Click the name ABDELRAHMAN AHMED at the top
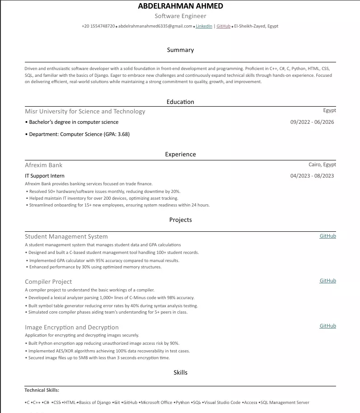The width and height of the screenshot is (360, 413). pyautogui.click(x=180, y=6)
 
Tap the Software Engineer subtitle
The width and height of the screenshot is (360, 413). pyautogui.click(x=180, y=16)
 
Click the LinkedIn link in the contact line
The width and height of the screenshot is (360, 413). pyautogui.click(x=204, y=26)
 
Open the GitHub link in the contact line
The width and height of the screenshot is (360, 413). pyautogui.click(x=224, y=26)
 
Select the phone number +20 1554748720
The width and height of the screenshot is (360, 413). pyautogui.click(x=98, y=26)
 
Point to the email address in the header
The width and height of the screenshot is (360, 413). pyautogui.click(x=155, y=26)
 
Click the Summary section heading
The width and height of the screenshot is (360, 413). pyautogui.click(x=180, y=50)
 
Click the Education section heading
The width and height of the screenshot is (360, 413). pyautogui.click(x=180, y=102)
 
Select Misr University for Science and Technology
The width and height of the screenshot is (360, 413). pyautogui.click(x=85, y=112)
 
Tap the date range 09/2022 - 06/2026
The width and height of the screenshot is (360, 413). pyautogui.click(x=312, y=122)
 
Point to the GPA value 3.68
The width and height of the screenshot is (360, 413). pyautogui.click(x=123, y=134)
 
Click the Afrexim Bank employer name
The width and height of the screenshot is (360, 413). pyautogui.click(x=44, y=165)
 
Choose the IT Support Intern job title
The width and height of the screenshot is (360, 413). pyautogui.click(x=45, y=176)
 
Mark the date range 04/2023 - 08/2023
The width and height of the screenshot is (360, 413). pyautogui.click(x=312, y=176)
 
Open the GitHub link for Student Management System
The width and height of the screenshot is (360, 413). pyautogui.click(x=327, y=236)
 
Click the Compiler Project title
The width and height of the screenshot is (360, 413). pyautogui.click(x=48, y=282)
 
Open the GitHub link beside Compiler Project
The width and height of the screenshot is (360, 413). pyautogui.click(x=327, y=281)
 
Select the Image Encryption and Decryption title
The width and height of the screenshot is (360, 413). pyautogui.click(x=72, y=328)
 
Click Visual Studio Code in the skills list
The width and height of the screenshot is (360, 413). pyautogui.click(x=222, y=403)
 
